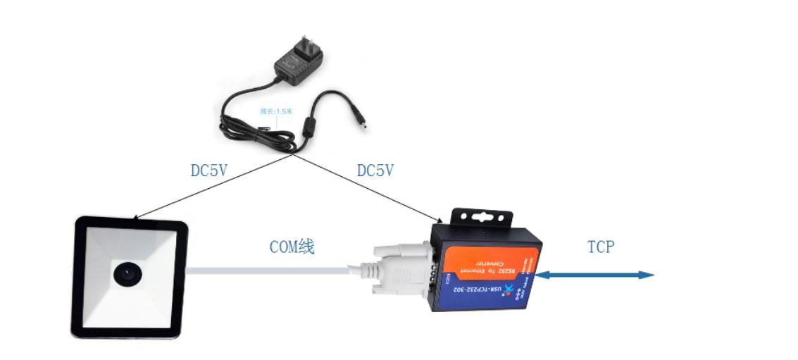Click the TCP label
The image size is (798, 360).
(600, 247)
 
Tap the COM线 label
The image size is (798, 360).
(292, 247)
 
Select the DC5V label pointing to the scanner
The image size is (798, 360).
(208, 171)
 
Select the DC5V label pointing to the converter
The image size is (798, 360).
(375, 171)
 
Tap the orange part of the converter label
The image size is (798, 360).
(486, 261)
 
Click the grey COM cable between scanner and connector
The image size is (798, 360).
(268, 269)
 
